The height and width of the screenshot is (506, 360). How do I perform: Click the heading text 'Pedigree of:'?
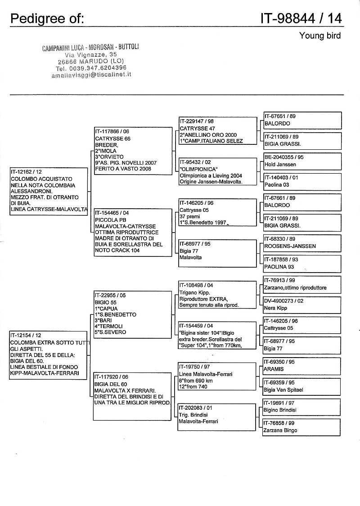click(x=47, y=18)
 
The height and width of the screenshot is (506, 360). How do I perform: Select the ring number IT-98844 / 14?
click(x=301, y=18)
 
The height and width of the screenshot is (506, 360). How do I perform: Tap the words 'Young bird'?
click(x=320, y=36)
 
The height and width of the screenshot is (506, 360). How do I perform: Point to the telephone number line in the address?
click(x=91, y=68)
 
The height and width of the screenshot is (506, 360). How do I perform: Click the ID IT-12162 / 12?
click(x=27, y=172)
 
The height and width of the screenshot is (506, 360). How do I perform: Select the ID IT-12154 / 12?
click(x=27, y=335)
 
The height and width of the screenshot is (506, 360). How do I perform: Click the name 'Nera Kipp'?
click(x=275, y=308)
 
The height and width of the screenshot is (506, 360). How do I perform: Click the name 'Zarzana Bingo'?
click(x=280, y=430)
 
